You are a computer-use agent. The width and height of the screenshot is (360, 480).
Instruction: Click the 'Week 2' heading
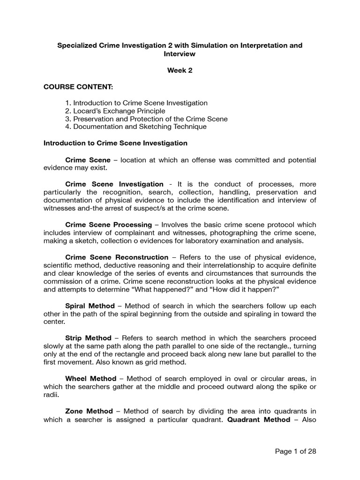(180, 70)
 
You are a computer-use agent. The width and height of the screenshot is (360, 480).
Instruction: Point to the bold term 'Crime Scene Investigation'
(114, 184)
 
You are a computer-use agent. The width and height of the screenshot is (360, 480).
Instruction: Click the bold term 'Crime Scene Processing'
(108, 225)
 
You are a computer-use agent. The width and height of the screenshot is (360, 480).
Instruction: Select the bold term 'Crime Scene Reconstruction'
(117, 257)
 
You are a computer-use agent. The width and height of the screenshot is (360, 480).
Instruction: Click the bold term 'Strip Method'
(88, 338)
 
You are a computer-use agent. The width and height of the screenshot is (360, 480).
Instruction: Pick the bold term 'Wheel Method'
(90, 378)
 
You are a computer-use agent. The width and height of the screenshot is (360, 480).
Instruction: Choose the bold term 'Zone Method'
(89, 411)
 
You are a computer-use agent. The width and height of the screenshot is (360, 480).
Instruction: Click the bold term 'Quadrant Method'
(259, 419)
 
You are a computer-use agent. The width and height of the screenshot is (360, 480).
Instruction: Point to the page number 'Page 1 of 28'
(295, 451)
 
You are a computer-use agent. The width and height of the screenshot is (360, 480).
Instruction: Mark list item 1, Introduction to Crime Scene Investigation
(136, 103)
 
